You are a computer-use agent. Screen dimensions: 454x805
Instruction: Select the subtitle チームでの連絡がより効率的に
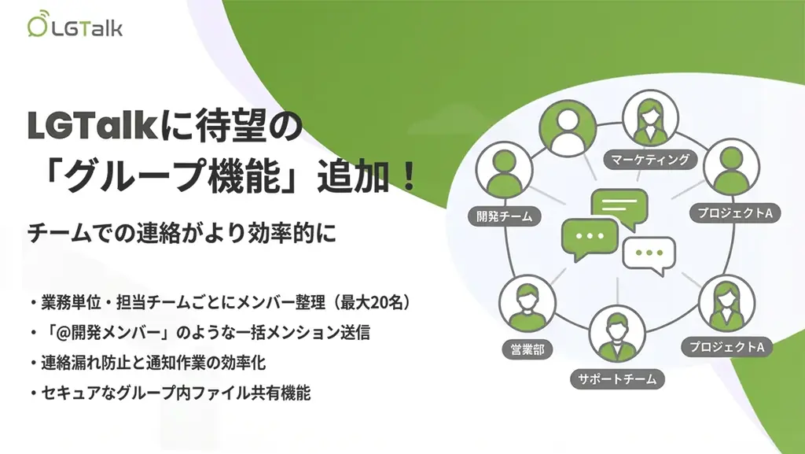[x=182, y=234]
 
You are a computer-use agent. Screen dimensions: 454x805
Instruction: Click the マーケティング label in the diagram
[x=649, y=161]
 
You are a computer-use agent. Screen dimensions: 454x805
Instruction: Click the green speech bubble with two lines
[x=619, y=208]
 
